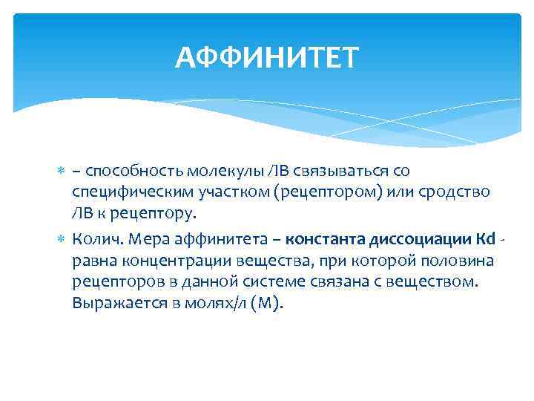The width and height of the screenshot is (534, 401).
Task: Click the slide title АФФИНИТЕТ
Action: [x=267, y=56]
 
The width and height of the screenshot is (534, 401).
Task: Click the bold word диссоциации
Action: [x=413, y=240]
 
